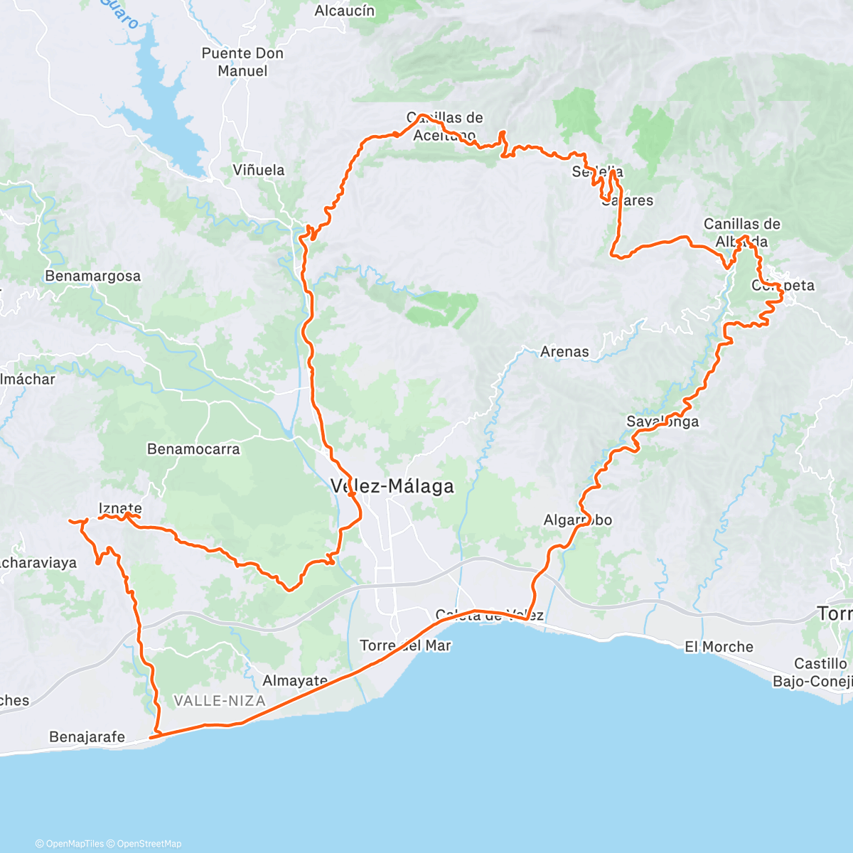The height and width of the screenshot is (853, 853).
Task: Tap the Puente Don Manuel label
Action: (x=242, y=62)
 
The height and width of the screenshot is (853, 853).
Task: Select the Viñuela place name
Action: (x=259, y=170)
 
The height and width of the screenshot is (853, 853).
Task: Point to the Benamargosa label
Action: (x=92, y=276)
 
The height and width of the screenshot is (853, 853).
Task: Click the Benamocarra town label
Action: (x=193, y=449)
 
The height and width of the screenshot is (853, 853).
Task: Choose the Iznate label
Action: (x=119, y=508)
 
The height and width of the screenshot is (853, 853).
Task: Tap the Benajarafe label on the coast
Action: (x=87, y=736)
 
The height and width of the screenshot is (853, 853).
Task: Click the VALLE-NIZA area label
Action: (x=220, y=701)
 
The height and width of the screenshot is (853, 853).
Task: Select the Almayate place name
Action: (x=295, y=680)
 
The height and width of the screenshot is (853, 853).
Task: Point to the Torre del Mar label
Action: (x=405, y=645)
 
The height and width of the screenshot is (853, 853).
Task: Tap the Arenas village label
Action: (x=564, y=351)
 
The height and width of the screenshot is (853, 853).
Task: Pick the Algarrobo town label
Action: (x=577, y=520)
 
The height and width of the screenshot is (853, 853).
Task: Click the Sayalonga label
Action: (x=662, y=422)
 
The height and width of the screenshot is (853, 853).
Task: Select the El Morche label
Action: (x=719, y=647)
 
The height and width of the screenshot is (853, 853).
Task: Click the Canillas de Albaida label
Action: (x=742, y=232)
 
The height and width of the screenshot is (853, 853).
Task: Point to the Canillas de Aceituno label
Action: (x=445, y=126)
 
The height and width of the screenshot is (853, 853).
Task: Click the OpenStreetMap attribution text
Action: (x=149, y=844)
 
